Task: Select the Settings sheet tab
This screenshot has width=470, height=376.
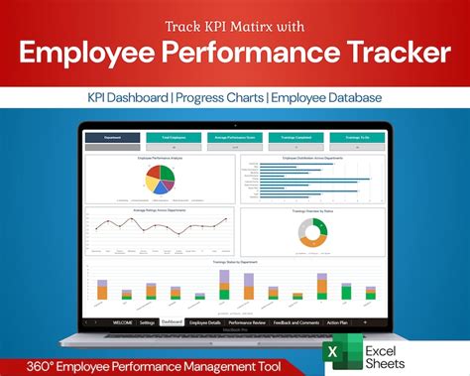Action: [147, 322]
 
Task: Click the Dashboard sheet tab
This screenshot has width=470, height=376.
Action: [173, 322]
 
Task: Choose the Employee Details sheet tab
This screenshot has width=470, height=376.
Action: [206, 322]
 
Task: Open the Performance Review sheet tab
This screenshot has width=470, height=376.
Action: [248, 322]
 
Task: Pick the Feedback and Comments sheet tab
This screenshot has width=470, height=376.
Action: [295, 322]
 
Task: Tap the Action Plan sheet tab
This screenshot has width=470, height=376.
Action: [337, 322]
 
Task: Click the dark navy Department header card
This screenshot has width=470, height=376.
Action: [112, 139]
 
